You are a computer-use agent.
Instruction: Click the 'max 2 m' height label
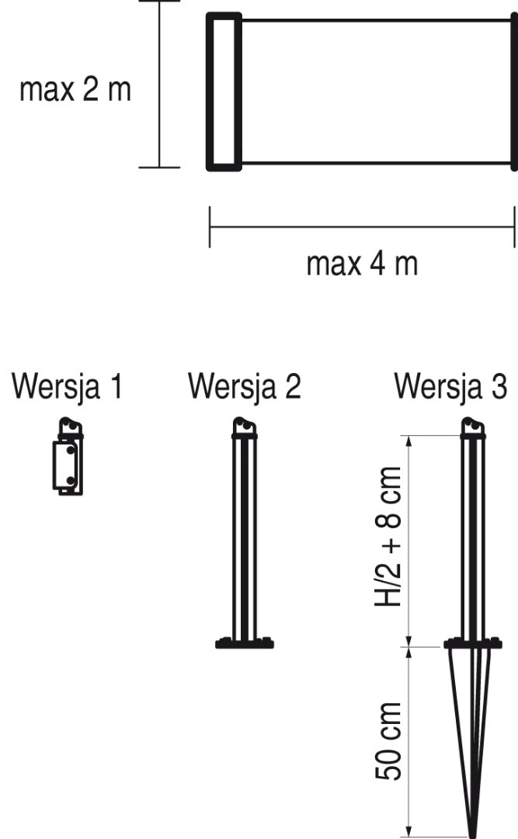click(75, 89)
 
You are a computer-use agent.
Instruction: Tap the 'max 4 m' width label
click(362, 264)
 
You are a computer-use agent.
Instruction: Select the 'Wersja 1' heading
click(68, 386)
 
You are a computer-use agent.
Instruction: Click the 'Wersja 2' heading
click(245, 386)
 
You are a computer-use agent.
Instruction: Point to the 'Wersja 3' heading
click(450, 386)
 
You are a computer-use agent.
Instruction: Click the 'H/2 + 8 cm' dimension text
click(388, 536)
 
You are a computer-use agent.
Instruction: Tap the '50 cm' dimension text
click(388, 741)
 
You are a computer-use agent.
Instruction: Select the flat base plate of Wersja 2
click(245, 642)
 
